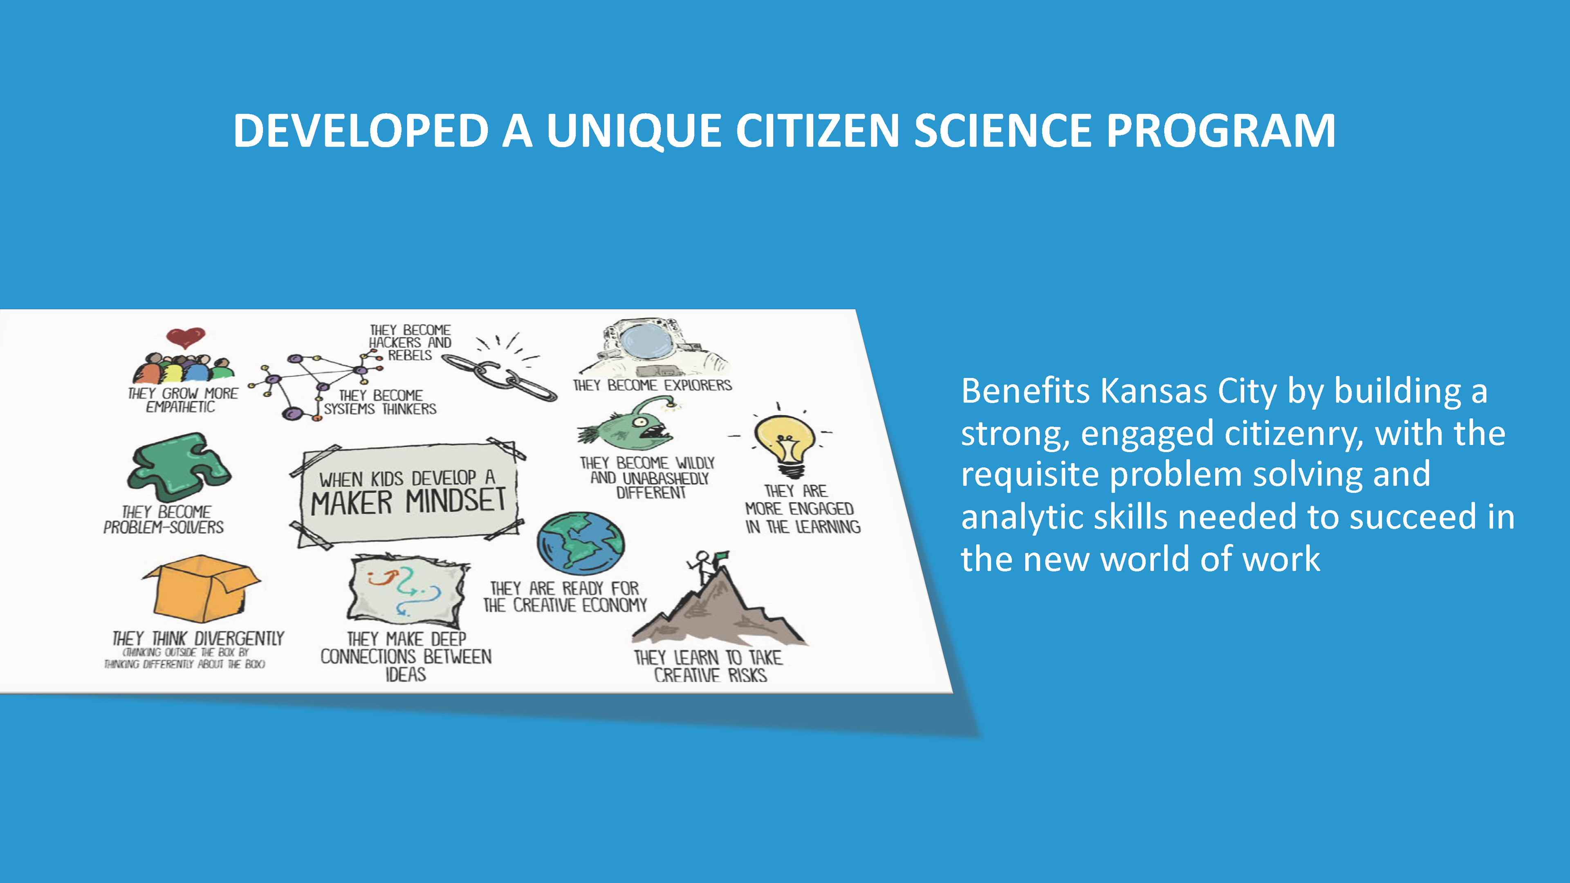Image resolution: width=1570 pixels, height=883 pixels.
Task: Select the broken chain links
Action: (x=498, y=377)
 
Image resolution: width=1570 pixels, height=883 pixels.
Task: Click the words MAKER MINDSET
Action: (x=408, y=502)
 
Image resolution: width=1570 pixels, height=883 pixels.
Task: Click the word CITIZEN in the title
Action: (x=817, y=130)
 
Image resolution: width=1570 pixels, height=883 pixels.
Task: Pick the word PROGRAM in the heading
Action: (x=1221, y=130)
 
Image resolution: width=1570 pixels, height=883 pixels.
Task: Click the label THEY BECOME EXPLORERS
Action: (x=652, y=385)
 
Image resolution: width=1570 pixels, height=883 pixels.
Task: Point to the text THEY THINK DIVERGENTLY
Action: (x=198, y=639)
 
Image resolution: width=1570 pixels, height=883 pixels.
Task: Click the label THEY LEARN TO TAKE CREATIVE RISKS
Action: (x=708, y=666)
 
